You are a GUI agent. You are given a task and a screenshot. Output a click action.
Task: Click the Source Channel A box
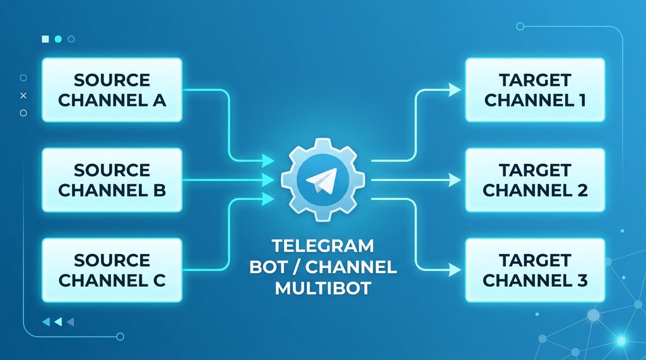(112, 90)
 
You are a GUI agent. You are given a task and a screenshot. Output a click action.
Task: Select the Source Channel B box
(112, 180)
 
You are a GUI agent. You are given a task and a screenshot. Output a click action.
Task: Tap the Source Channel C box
(112, 269)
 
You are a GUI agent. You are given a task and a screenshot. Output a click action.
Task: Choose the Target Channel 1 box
(534, 90)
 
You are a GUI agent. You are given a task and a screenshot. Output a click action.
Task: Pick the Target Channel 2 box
(534, 180)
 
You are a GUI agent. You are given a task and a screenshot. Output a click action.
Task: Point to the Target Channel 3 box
(534, 269)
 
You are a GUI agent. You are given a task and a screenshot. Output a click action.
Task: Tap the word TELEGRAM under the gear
(322, 245)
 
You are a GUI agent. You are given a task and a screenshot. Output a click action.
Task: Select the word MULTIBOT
(322, 289)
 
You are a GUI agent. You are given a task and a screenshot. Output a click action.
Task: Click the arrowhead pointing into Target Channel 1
(455, 90)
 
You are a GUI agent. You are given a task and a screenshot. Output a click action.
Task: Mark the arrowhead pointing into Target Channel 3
(455, 270)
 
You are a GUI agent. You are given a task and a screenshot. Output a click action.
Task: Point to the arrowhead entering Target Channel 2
(455, 180)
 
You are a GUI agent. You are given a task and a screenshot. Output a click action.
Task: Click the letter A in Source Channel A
(158, 100)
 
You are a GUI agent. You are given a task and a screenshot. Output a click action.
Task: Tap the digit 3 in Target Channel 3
(583, 279)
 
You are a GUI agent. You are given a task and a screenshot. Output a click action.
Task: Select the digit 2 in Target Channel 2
(583, 189)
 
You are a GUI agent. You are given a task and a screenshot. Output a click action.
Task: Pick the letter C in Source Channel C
(158, 279)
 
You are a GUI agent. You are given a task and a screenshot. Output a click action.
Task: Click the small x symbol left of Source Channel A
(23, 95)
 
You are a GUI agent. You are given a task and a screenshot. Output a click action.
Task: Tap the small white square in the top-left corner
(45, 39)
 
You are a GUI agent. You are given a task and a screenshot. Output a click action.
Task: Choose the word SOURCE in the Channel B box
(112, 170)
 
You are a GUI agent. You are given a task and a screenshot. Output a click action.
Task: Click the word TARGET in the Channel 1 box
(534, 80)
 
